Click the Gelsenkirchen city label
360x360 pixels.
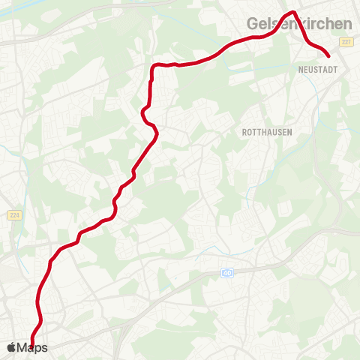point(299,24)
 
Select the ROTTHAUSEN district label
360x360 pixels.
point(268,131)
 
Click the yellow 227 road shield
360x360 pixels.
point(346,43)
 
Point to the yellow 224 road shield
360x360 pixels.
point(13,216)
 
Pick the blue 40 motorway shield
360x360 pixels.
point(226,273)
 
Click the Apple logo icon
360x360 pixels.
point(11,347)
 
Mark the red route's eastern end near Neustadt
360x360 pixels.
point(328,55)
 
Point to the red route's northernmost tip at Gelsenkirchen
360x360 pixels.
point(294,13)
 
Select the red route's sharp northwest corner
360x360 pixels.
point(153,67)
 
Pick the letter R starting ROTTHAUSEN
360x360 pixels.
point(245,131)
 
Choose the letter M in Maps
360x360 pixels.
point(22,348)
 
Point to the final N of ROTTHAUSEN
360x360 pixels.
point(289,131)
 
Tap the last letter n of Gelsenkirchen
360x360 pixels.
point(347,24)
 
